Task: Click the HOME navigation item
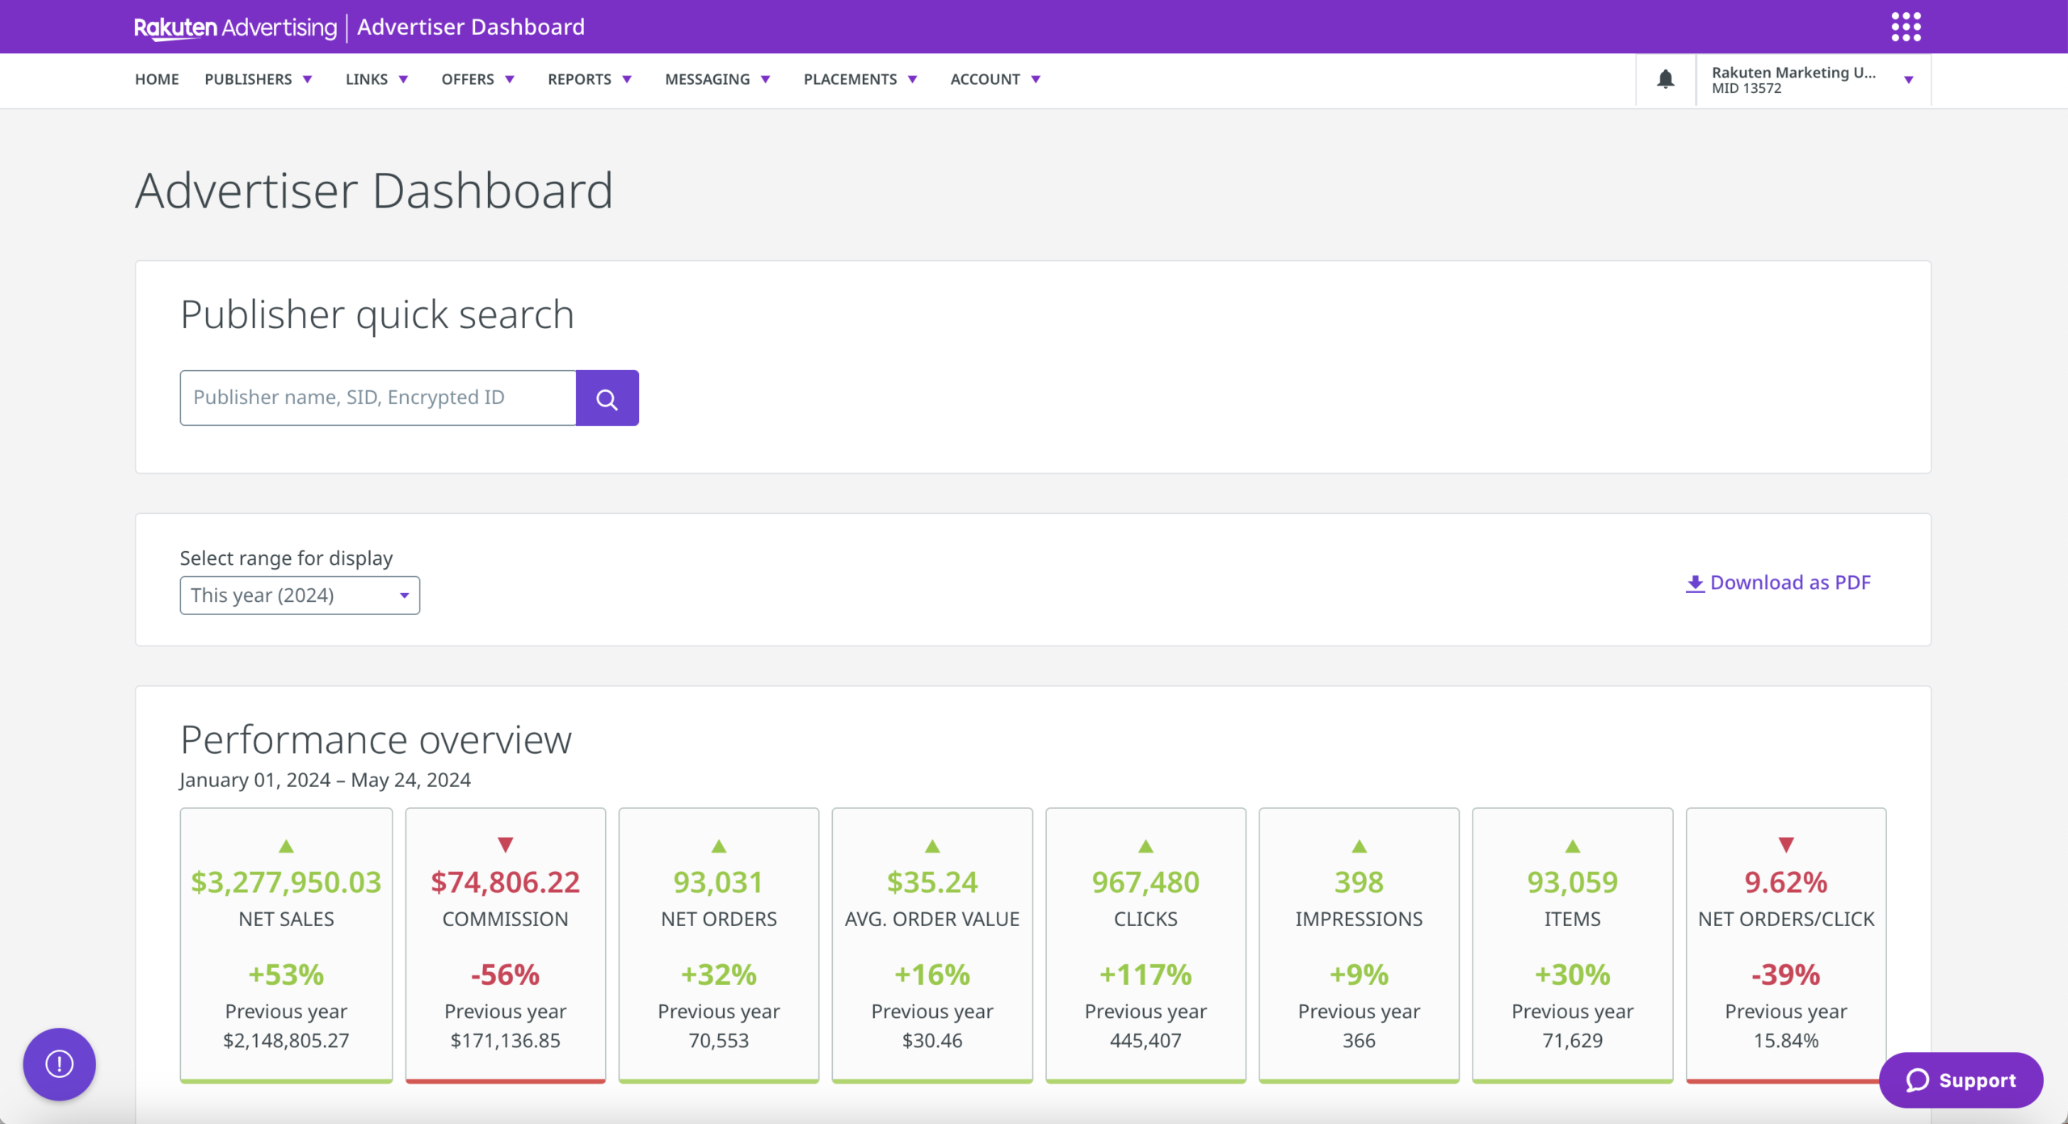(x=157, y=79)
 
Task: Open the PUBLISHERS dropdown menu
(x=258, y=79)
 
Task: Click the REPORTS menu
(x=589, y=79)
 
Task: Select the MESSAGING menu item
(x=717, y=79)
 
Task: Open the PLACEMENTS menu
(x=860, y=79)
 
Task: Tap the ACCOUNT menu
(x=994, y=79)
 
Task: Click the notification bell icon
(x=1665, y=79)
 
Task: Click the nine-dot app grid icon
(x=1906, y=27)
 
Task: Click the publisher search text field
(x=377, y=398)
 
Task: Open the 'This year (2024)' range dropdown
(x=300, y=596)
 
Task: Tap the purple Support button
(x=1961, y=1080)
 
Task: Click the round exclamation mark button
(x=59, y=1063)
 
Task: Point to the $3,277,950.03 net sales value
(x=286, y=882)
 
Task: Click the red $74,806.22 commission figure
(x=505, y=882)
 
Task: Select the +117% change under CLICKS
(x=1145, y=975)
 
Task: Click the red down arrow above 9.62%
(x=1785, y=845)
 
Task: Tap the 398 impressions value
(x=1359, y=882)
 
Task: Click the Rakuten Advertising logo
(x=235, y=27)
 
